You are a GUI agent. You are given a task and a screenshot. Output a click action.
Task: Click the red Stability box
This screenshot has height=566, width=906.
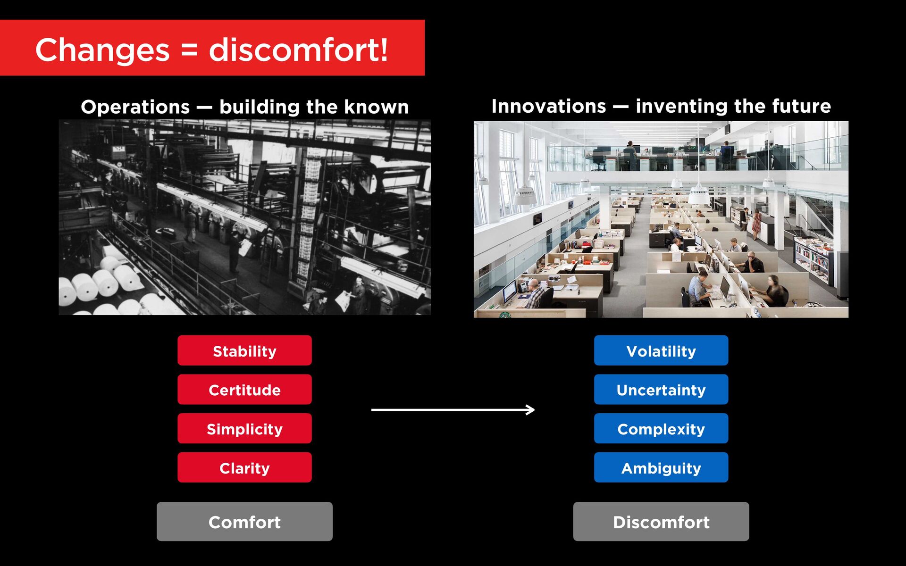click(x=244, y=350)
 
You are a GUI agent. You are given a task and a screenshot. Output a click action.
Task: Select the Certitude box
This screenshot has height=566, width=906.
click(x=244, y=390)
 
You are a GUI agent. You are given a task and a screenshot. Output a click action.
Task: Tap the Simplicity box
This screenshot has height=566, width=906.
click(x=244, y=428)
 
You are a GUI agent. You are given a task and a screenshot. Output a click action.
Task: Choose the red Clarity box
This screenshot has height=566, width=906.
click(x=244, y=467)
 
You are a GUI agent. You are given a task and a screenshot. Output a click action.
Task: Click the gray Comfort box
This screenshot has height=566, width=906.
click(x=244, y=522)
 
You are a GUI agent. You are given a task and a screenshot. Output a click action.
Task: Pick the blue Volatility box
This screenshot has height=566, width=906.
click(x=661, y=350)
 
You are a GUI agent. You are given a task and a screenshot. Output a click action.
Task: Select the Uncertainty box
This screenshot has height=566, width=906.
click(x=661, y=390)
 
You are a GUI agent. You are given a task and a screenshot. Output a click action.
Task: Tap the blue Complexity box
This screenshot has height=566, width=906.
click(x=661, y=428)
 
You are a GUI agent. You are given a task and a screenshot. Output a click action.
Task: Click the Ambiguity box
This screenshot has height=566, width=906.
click(x=661, y=467)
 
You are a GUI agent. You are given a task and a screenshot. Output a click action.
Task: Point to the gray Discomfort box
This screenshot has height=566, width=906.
click(x=661, y=522)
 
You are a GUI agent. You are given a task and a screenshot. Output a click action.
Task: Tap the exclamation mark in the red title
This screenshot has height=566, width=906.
click(x=384, y=49)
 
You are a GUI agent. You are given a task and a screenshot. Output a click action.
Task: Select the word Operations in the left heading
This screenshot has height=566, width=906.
click(x=135, y=108)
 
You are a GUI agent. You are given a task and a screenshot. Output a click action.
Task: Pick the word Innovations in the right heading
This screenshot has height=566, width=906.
click(x=549, y=106)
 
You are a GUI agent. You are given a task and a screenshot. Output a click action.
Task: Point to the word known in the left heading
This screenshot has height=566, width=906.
click(x=376, y=107)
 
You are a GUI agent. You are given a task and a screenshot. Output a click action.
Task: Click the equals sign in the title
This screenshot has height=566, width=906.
click(x=189, y=50)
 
